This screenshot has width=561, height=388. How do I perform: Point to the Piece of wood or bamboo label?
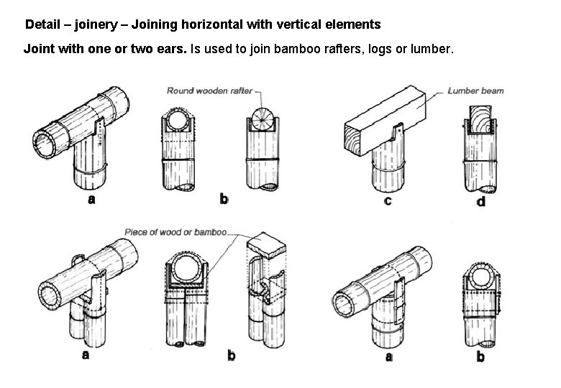pyautogui.click(x=175, y=232)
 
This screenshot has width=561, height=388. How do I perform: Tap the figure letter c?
pyautogui.click(x=388, y=200)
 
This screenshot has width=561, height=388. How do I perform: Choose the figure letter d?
pyautogui.click(x=480, y=202)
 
